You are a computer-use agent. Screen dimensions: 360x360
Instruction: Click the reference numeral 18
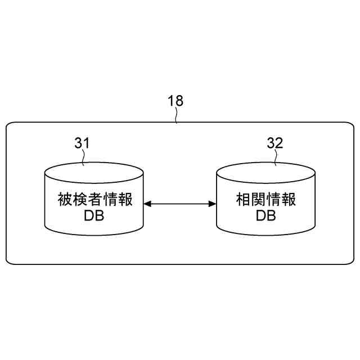pyautogui.click(x=175, y=101)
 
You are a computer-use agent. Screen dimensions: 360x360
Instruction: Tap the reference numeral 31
pyautogui.click(x=82, y=143)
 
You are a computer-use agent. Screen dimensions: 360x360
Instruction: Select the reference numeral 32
pyautogui.click(x=275, y=143)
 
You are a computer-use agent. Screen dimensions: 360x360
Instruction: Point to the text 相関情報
pyautogui.click(x=265, y=200)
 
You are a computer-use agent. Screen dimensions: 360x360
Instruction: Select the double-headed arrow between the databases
pyautogui.click(x=180, y=204)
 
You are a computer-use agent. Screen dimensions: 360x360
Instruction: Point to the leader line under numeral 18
pyautogui.click(x=177, y=116)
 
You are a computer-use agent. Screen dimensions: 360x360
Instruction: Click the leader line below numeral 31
pyautogui.click(x=84, y=159)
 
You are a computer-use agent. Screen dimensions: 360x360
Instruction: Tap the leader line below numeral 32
pyautogui.click(x=276, y=159)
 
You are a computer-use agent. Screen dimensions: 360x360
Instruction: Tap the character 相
pyautogui.click(x=242, y=200)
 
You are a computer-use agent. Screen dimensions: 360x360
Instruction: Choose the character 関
pyautogui.click(x=258, y=200)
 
